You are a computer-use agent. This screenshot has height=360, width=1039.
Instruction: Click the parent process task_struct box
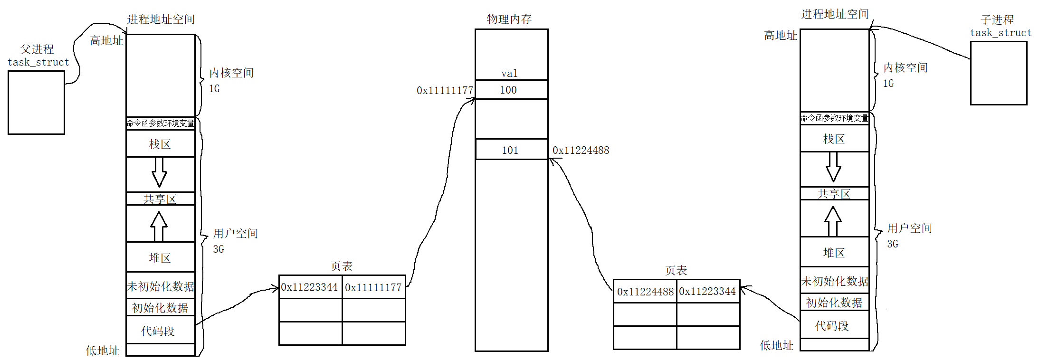click(x=36, y=103)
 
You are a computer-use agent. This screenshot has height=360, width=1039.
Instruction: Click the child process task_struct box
click(x=998, y=73)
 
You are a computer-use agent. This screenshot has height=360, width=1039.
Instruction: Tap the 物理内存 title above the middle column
click(x=509, y=19)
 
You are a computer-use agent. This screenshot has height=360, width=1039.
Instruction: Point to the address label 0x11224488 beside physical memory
click(x=581, y=150)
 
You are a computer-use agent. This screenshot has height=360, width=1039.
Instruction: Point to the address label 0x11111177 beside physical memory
click(x=445, y=90)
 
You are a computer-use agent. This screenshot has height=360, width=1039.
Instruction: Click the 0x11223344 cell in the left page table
click(x=310, y=287)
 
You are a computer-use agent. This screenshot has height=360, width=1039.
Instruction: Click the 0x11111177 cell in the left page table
click(x=373, y=287)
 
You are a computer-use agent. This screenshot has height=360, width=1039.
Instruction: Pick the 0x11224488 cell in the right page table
click(x=645, y=291)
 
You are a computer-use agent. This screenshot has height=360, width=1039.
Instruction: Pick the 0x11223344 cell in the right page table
click(x=708, y=291)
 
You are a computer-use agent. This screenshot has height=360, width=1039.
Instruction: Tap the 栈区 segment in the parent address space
click(x=160, y=144)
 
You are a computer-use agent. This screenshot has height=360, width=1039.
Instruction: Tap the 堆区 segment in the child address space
click(x=834, y=252)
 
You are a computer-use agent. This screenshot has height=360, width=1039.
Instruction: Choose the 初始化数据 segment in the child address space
click(x=834, y=303)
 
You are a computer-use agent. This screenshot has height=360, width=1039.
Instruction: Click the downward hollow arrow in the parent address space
click(x=159, y=172)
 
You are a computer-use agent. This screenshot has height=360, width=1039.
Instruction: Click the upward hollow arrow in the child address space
click(x=833, y=221)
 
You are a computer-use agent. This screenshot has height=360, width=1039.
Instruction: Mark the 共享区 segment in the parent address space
click(x=160, y=199)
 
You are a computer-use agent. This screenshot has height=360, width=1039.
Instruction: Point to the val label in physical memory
click(x=509, y=73)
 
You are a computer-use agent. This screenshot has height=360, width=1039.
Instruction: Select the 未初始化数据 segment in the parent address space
click(x=160, y=286)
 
